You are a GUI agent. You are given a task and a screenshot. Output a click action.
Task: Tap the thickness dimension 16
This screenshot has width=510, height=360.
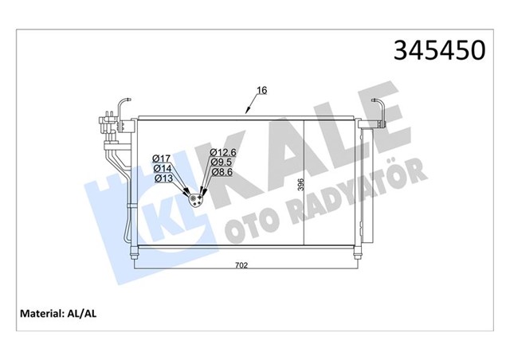[x=262, y=91]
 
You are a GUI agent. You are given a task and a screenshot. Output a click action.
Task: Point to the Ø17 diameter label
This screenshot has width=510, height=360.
[x=161, y=158]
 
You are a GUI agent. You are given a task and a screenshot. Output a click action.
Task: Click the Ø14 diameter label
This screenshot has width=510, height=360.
[x=161, y=168]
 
